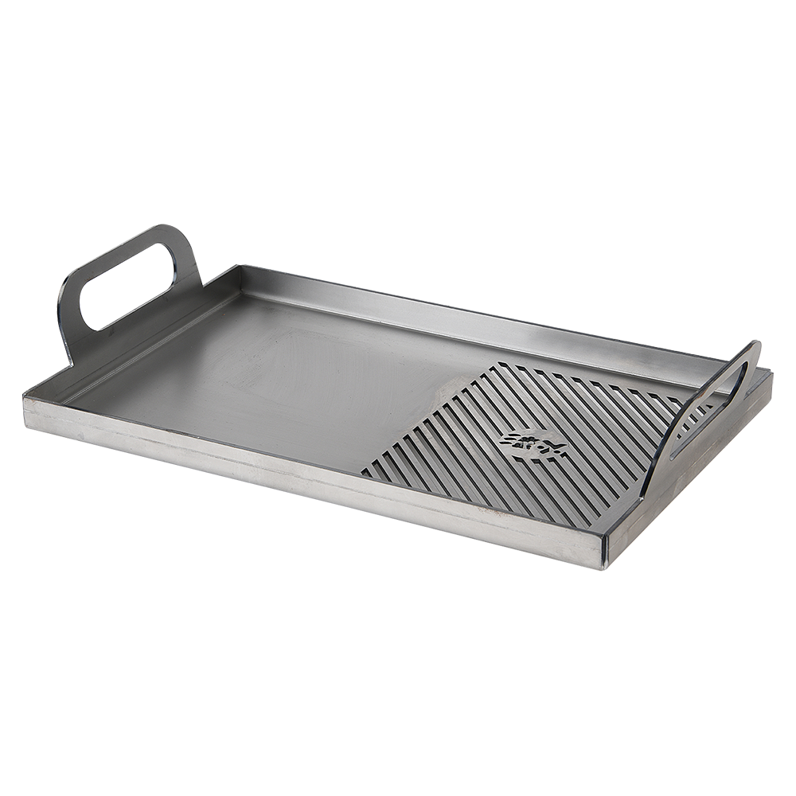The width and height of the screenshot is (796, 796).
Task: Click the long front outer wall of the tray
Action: (x=318, y=478)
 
